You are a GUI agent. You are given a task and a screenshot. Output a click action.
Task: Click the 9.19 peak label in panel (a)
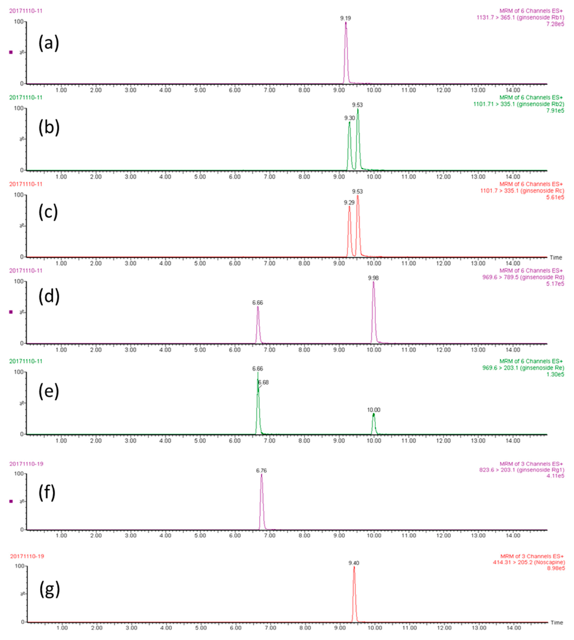coord(345,18)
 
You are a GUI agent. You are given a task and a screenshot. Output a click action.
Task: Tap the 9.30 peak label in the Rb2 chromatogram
coord(349,118)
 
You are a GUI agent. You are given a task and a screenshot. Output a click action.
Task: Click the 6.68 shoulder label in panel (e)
coord(263,382)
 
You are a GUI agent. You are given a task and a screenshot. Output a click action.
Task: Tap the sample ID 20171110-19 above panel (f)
coord(26,464)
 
